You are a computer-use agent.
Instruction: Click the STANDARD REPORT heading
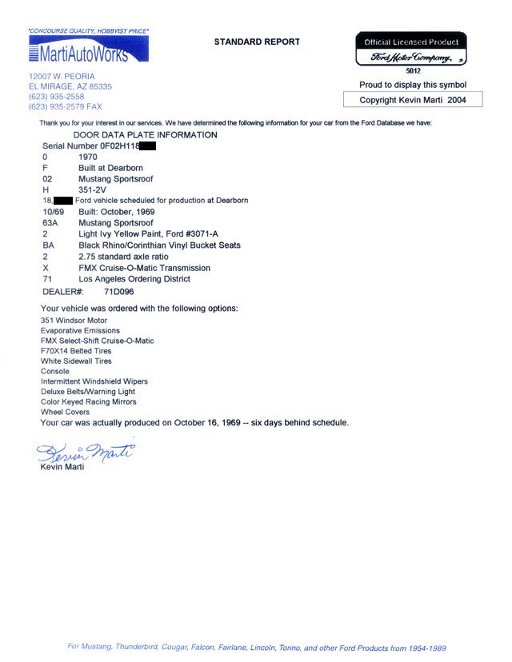pos(257,42)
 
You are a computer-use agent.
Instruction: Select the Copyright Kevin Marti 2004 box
pos(412,100)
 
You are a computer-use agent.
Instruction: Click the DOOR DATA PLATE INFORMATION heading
pos(145,135)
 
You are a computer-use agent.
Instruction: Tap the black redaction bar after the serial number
pos(141,147)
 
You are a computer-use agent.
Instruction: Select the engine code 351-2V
pos(95,189)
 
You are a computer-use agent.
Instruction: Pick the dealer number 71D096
pos(121,293)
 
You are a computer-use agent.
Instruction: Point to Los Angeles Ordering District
pos(134,279)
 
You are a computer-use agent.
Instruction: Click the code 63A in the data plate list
pos(50,222)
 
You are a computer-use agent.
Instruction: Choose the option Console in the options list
pos(54,372)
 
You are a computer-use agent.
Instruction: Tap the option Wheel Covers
pos(65,413)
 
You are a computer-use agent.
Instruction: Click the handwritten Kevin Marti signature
pos(84,453)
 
